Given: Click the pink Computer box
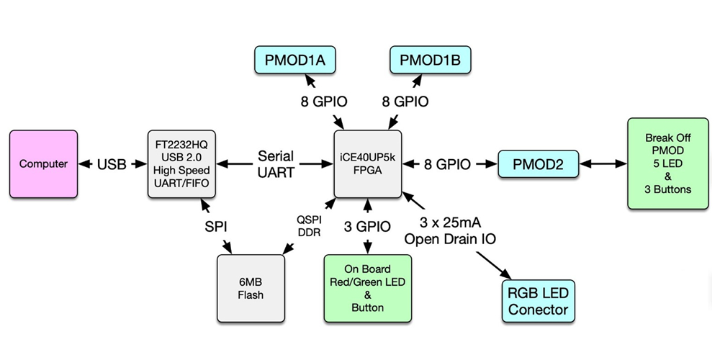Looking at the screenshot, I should [43, 164].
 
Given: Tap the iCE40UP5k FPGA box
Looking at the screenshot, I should [368, 163].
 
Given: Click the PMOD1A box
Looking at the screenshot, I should [294, 60].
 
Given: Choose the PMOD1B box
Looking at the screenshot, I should [430, 60].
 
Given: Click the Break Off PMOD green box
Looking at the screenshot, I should [668, 163].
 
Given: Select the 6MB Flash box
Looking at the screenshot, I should [250, 288].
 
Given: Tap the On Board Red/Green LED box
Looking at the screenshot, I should [368, 288].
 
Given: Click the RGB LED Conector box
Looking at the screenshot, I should [539, 302].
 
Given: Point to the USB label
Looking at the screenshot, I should [112, 164].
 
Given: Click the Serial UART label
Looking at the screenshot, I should [276, 164].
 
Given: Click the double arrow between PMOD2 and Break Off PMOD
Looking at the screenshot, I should [603, 164].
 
